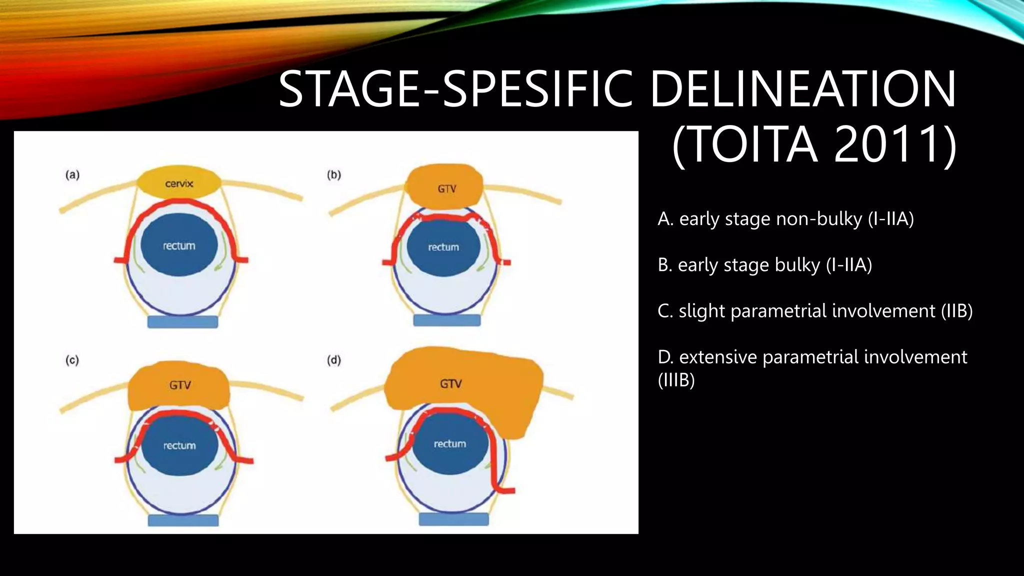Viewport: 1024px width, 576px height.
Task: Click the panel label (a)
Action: pyautogui.click(x=72, y=174)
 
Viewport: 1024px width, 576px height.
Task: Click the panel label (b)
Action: pyautogui.click(x=334, y=174)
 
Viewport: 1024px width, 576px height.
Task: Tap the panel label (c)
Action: pyautogui.click(x=72, y=360)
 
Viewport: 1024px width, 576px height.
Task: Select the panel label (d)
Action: pyautogui.click(x=334, y=360)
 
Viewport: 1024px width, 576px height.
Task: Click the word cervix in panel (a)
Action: pyautogui.click(x=179, y=183)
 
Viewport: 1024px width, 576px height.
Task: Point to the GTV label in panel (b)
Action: pyautogui.click(x=447, y=189)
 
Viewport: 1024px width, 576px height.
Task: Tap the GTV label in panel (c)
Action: pyautogui.click(x=180, y=385)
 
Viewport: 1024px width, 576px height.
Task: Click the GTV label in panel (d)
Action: pyautogui.click(x=451, y=384)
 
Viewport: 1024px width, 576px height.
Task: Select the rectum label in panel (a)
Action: pyautogui.click(x=179, y=245)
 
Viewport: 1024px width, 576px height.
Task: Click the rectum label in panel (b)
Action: pyautogui.click(x=443, y=247)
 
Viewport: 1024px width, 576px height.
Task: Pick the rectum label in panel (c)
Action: pyautogui.click(x=179, y=445)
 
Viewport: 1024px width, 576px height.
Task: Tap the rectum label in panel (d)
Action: pyautogui.click(x=450, y=443)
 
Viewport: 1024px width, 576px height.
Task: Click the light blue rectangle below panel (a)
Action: pyautogui.click(x=183, y=321)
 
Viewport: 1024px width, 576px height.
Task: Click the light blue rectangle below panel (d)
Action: pyautogui.click(x=453, y=519)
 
